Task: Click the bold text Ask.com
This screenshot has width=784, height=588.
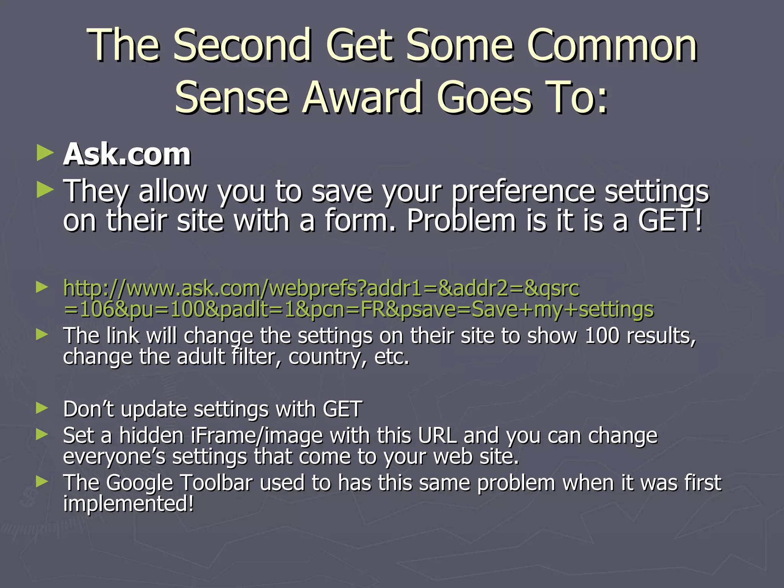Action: point(127,155)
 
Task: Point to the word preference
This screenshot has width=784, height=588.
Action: point(523,191)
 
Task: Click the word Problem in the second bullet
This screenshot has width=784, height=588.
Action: point(461,221)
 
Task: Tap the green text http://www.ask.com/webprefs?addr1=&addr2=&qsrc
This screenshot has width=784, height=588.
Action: point(321,288)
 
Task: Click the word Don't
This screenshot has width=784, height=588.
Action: point(88,409)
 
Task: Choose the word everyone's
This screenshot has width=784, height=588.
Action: point(114,457)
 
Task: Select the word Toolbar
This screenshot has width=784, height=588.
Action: point(217,482)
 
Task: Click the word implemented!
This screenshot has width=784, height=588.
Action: point(129,503)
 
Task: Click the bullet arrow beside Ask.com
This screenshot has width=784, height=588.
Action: point(45,154)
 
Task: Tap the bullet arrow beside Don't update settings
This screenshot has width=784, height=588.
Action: point(42,408)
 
